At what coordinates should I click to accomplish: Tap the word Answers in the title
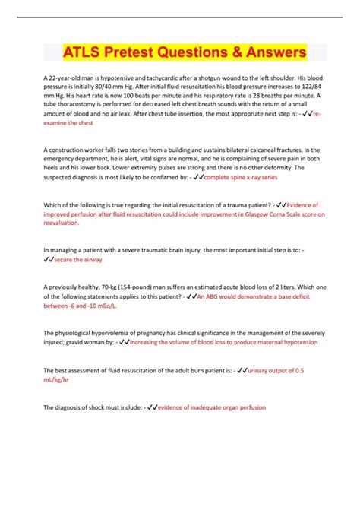[x=271, y=53]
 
